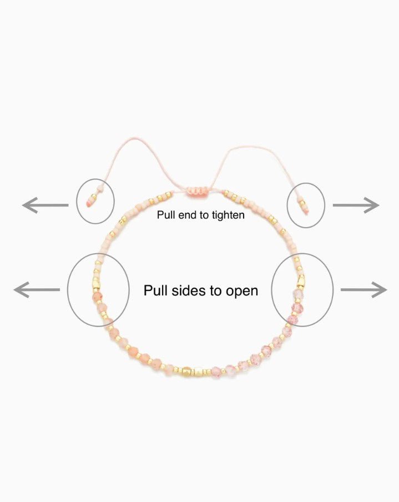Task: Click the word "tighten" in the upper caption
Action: (x=228, y=215)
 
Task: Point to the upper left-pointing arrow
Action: (x=45, y=205)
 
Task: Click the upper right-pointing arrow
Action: (x=356, y=205)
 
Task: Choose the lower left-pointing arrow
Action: (x=37, y=290)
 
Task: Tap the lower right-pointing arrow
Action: (x=364, y=290)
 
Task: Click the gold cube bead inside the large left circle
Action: (x=95, y=283)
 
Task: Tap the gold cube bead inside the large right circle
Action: (x=301, y=281)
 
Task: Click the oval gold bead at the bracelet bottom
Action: (x=187, y=373)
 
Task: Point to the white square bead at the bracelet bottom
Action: (x=199, y=372)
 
